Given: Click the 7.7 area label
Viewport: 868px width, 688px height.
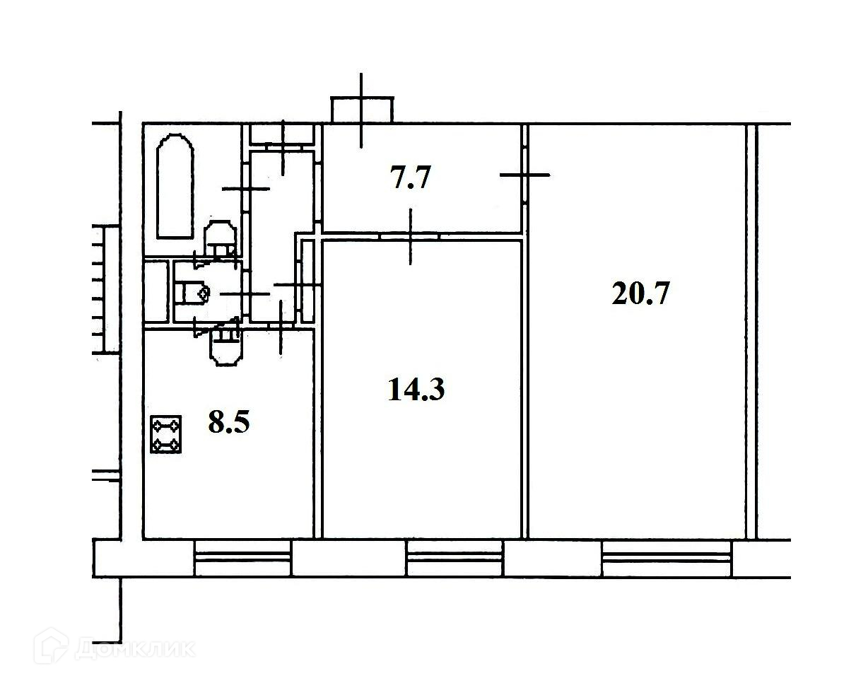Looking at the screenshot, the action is click(410, 177).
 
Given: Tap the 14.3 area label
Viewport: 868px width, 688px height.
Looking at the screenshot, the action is click(416, 389).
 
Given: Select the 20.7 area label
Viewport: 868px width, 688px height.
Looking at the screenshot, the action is click(640, 293).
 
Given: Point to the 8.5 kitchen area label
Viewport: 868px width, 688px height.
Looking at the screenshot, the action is click(229, 421).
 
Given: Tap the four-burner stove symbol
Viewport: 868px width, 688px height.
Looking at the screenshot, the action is click(166, 435).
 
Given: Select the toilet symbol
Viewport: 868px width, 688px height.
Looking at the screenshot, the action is click(193, 292).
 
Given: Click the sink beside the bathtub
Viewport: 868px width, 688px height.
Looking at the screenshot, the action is click(219, 238).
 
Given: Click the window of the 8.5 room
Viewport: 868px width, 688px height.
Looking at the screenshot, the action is click(242, 558).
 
